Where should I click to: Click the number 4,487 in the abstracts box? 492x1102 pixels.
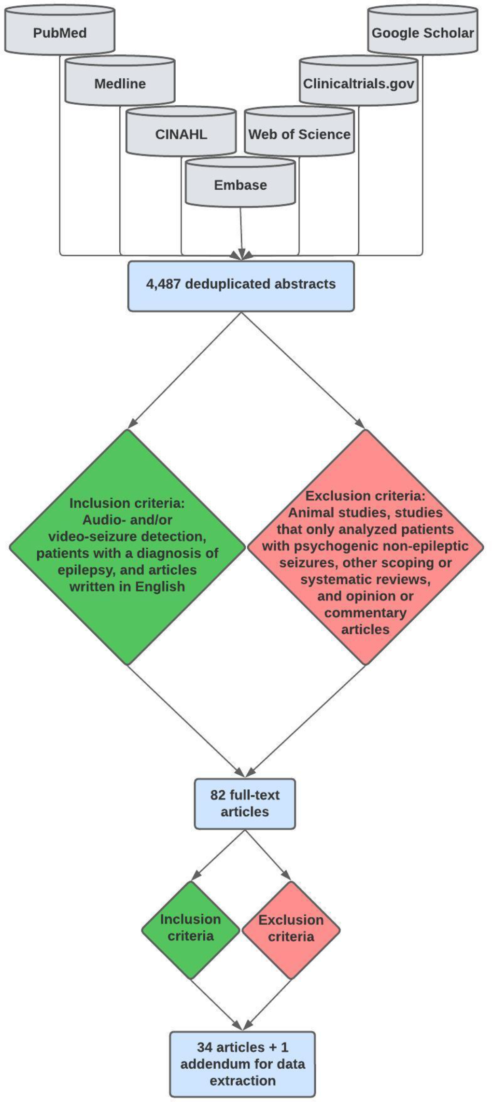coord(163,284)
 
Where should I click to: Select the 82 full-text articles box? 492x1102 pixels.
coord(245,803)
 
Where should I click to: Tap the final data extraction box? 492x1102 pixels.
coord(242,1064)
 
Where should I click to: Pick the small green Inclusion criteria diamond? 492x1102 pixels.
coord(191,928)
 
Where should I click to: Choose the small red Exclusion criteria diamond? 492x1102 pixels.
coord(291,928)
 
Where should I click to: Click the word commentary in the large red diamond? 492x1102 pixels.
coord(365,613)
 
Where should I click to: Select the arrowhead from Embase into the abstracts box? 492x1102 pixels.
coord(241,254)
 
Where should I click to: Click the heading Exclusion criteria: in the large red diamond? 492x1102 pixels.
coord(365,496)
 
